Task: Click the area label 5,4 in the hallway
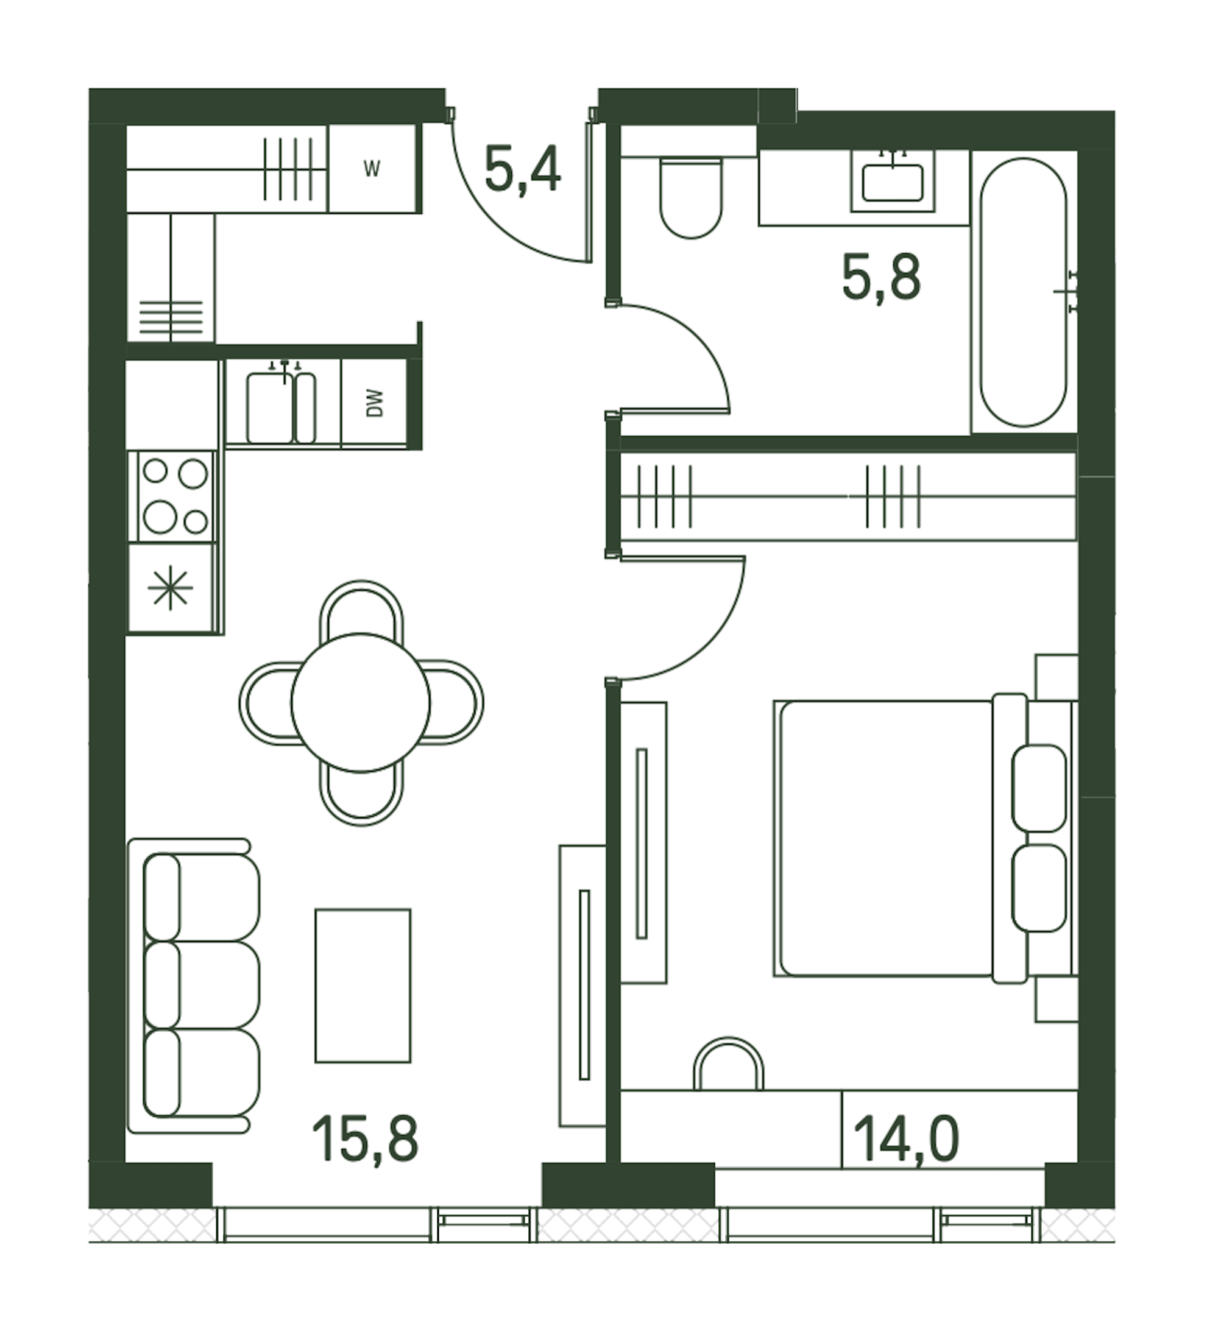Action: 523,171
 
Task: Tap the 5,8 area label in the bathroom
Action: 882,279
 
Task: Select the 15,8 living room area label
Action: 365,1138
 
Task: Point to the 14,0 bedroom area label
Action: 906,1138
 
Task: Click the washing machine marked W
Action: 372,169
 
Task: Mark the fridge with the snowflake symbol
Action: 172,587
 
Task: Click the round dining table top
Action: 361,703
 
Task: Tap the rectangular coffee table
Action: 363,986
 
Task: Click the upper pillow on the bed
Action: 1039,788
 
